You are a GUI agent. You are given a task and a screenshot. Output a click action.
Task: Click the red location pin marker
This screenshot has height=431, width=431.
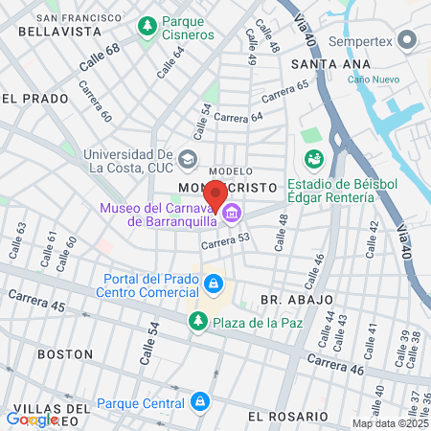215,194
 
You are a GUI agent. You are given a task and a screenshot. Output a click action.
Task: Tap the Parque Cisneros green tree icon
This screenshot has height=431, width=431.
147,27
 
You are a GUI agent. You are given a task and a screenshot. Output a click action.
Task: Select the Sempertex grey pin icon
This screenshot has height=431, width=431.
407,41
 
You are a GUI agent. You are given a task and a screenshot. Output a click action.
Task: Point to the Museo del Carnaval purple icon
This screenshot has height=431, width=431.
231,214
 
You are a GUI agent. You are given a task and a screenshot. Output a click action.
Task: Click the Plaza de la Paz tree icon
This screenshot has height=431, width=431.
198,322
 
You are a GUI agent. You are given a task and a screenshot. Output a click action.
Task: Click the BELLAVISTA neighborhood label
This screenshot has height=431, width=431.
41,32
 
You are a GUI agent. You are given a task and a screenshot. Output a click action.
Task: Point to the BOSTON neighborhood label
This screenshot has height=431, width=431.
65,353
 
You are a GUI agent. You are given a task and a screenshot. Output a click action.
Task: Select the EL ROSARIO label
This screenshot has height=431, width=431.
287,417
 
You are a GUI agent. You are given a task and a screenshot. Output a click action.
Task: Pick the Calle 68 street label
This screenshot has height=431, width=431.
99,58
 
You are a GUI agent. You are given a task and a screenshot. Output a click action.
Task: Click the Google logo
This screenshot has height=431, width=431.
31,419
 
